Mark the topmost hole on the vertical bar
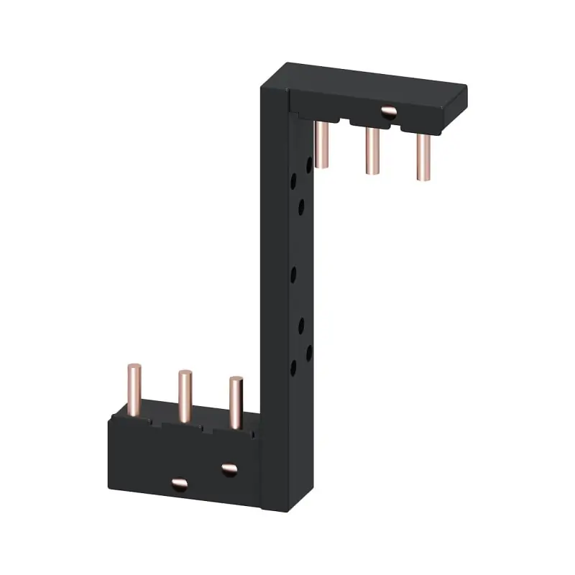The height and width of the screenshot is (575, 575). coord(309,164)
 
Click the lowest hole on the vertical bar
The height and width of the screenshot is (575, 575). coord(293,368)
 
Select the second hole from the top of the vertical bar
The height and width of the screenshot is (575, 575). coord(293,180)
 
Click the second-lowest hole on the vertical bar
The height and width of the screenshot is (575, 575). coord(309,352)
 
